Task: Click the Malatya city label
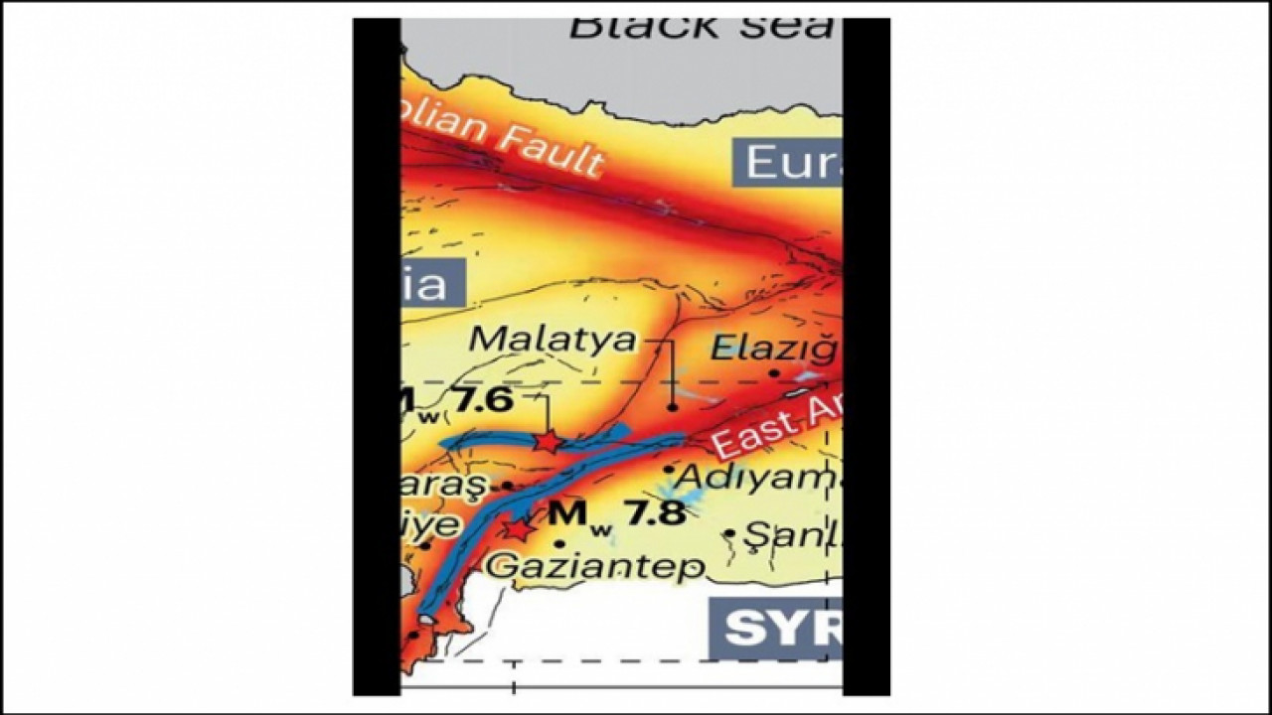pyautogui.click(x=553, y=339)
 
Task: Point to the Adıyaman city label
pyautogui.click(x=757, y=478)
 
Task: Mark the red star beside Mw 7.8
pyautogui.click(x=516, y=529)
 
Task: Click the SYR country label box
pyautogui.click(x=775, y=628)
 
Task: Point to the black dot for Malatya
pyautogui.click(x=673, y=407)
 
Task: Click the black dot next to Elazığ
pyautogui.click(x=774, y=373)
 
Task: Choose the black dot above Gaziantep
pyautogui.click(x=559, y=544)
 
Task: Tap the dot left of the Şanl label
pyautogui.click(x=730, y=533)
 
